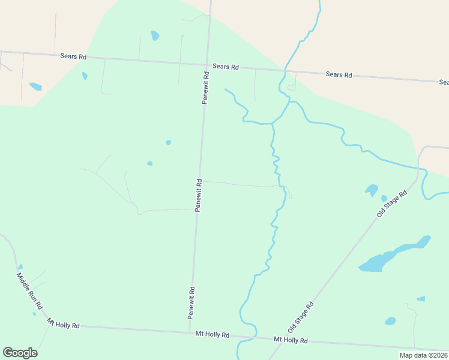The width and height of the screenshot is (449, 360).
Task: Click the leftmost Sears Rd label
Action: (x=73, y=56)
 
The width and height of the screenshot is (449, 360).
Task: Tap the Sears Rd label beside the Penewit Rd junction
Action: (x=226, y=67)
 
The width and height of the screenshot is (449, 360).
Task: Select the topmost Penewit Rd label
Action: (x=205, y=88)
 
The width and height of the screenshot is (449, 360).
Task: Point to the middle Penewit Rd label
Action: (x=197, y=194)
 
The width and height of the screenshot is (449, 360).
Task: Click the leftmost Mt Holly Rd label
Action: (x=63, y=325)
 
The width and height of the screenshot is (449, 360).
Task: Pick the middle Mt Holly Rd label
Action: (x=212, y=334)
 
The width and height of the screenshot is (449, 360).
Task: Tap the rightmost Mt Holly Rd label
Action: (x=291, y=340)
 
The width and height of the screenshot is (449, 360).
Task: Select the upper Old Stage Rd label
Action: (x=392, y=204)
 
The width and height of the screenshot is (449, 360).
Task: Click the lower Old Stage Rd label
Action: (x=301, y=317)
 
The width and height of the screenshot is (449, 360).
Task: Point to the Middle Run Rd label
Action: (x=29, y=290)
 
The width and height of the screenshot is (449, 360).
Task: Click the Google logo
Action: (x=20, y=353)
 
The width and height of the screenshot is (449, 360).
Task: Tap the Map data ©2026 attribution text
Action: (x=423, y=355)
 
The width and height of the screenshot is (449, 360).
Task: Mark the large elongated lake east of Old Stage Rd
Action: (x=393, y=254)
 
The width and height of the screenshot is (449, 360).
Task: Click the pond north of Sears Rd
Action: (x=155, y=35)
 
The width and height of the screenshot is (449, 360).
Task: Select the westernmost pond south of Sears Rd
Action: (x=35, y=86)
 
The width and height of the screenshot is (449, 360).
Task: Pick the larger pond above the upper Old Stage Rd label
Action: (x=372, y=190)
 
